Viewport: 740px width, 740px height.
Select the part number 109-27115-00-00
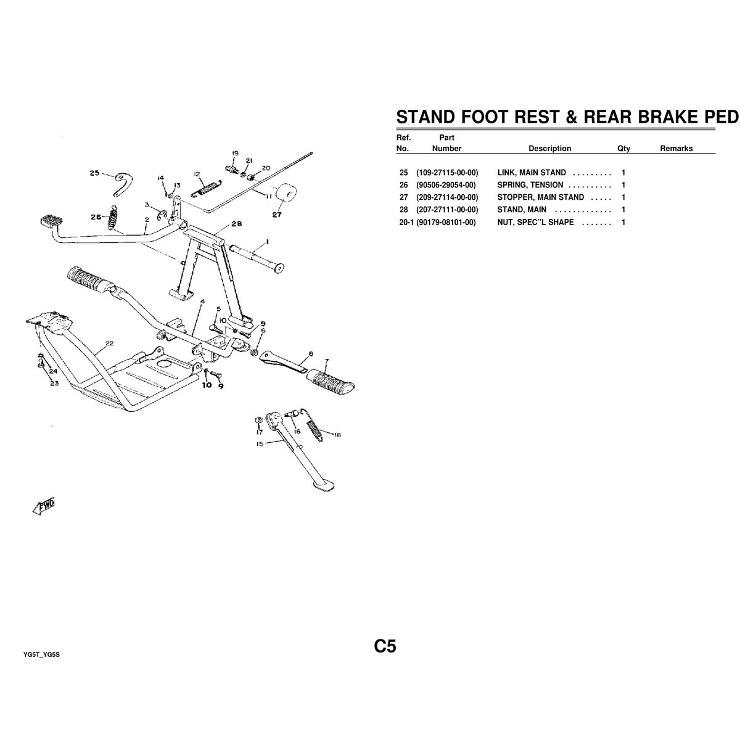(447, 173)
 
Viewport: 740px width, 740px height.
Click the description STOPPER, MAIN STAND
(540, 197)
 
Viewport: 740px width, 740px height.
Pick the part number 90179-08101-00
(446, 222)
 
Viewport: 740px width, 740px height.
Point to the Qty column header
(623, 148)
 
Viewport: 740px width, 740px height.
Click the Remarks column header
(676, 148)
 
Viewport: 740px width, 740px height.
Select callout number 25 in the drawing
(94, 173)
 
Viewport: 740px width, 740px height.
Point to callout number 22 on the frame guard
(109, 343)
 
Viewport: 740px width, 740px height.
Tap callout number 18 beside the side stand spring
(337, 435)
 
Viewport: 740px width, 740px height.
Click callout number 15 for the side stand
(260, 443)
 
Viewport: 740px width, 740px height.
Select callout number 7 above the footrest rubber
(326, 360)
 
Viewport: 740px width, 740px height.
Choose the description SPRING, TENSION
(530, 185)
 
